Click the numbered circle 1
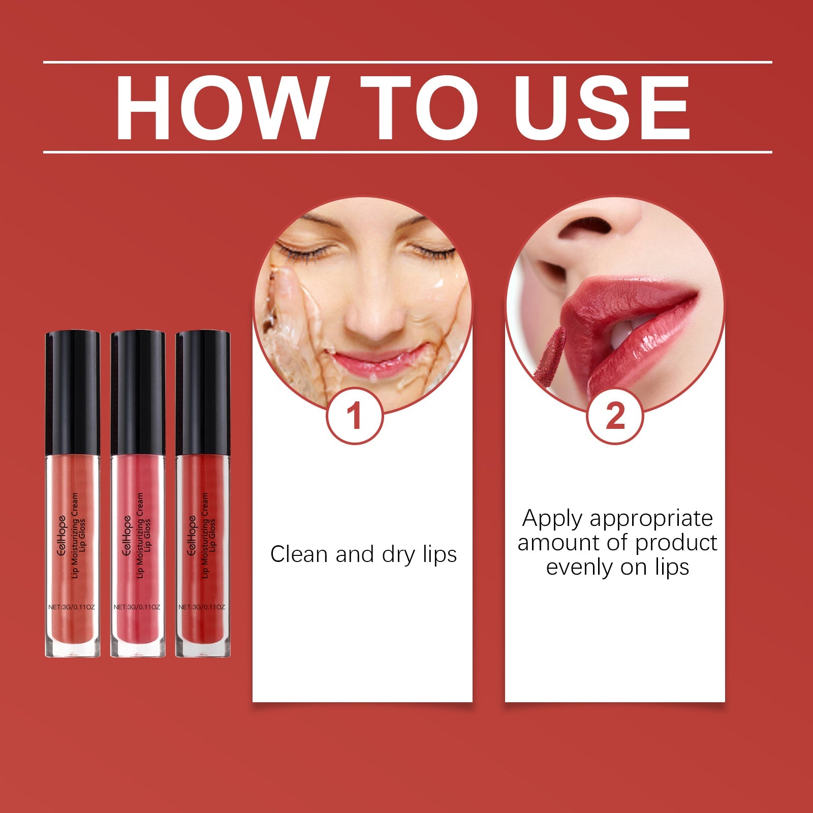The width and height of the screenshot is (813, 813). click(354, 416)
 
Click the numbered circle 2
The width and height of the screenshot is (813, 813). click(615, 416)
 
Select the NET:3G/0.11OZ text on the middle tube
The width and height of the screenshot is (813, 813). click(137, 607)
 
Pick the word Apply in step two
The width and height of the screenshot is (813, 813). click(553, 518)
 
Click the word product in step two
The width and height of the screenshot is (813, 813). click(676, 543)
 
